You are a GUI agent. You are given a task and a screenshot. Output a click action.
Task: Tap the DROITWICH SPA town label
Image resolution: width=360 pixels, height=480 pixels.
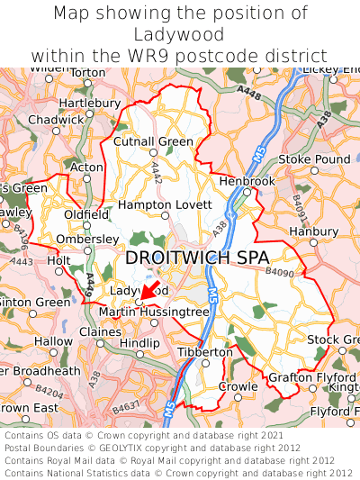point(196,258)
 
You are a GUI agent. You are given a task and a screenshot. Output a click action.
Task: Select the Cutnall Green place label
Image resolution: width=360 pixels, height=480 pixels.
point(153,141)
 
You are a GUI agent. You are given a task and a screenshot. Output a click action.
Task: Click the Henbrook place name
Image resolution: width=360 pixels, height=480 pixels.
point(247,181)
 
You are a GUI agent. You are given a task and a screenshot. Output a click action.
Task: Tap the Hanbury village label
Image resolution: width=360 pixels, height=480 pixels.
point(313,231)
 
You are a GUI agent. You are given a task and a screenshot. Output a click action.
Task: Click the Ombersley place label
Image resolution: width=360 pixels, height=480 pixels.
point(86,239)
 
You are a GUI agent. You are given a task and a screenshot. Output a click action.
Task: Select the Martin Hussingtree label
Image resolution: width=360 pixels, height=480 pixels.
point(153,312)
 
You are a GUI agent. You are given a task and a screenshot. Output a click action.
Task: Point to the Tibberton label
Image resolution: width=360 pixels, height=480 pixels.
point(205,351)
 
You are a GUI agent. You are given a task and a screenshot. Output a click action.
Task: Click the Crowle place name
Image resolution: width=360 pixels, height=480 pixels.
point(238,386)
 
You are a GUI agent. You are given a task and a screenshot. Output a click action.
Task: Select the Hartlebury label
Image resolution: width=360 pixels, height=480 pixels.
point(89,103)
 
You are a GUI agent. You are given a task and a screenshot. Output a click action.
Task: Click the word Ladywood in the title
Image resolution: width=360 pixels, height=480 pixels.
point(180,34)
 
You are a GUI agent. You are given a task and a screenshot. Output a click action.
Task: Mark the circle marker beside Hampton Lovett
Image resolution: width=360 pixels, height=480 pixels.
point(165,215)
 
